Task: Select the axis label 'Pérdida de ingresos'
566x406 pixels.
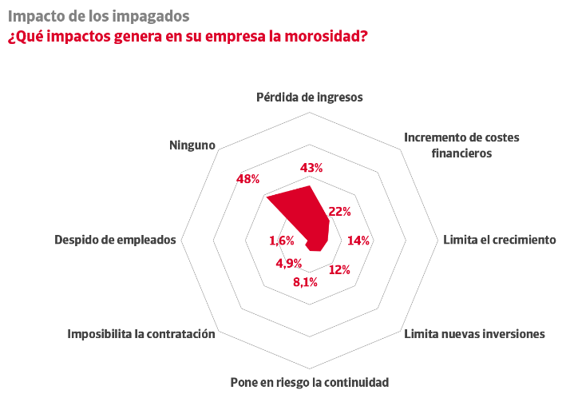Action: click(x=310, y=98)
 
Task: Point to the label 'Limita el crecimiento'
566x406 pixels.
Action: click(x=499, y=240)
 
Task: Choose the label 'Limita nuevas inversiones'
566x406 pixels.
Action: click(x=474, y=333)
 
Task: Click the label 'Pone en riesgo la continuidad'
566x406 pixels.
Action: click(x=309, y=382)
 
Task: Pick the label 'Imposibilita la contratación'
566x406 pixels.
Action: click(x=141, y=333)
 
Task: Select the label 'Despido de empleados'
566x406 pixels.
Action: click(x=115, y=240)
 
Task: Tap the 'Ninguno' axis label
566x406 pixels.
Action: click(x=192, y=145)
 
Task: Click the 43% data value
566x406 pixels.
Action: click(x=311, y=168)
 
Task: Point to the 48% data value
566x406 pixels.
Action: click(x=248, y=179)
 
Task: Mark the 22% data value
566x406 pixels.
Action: click(x=340, y=212)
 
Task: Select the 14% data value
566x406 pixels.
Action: click(x=358, y=241)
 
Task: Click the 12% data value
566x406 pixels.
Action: click(x=340, y=269)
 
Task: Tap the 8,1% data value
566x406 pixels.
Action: click(x=305, y=281)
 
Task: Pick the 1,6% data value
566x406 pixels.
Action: click(x=282, y=241)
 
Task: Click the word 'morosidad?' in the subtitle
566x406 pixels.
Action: click(x=327, y=37)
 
